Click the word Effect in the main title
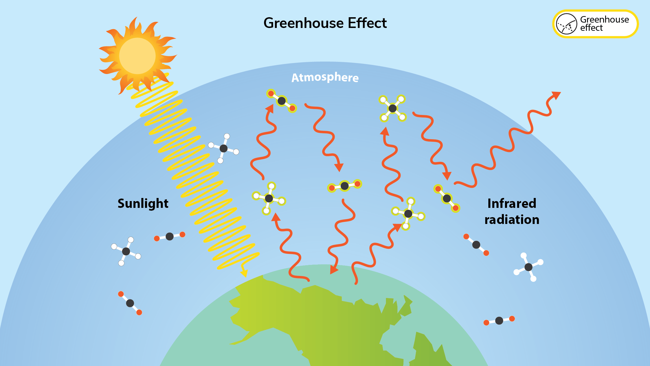pyautogui.click(x=367, y=23)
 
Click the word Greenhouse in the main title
pyautogui.click(x=303, y=23)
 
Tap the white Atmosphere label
pyautogui.click(x=325, y=77)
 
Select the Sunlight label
pyautogui.click(x=143, y=204)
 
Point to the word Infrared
pyautogui.click(x=512, y=203)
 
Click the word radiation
pyautogui.click(x=512, y=220)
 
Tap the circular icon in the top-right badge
pyautogui.click(x=566, y=24)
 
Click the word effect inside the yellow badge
pyautogui.click(x=591, y=28)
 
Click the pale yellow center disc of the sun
pyautogui.click(x=137, y=56)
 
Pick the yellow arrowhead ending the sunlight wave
pyautogui.click(x=244, y=273)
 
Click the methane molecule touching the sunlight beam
pyautogui.click(x=223, y=148)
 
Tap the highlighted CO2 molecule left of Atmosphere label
pyautogui.click(x=282, y=101)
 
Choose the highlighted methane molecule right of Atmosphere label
pyautogui.click(x=393, y=108)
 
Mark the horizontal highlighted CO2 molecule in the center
pyautogui.click(x=344, y=186)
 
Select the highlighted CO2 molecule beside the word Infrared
pyautogui.click(x=447, y=198)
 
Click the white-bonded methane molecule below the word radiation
pyautogui.click(x=528, y=267)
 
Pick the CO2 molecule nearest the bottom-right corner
pyautogui.click(x=499, y=321)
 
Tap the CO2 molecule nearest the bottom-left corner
pyautogui.click(x=130, y=303)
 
